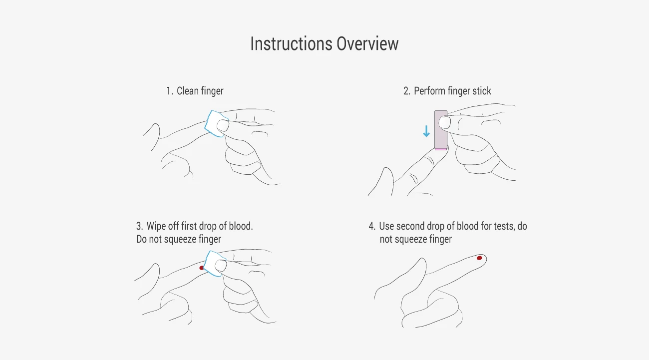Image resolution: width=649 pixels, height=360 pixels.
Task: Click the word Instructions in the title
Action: tap(291, 44)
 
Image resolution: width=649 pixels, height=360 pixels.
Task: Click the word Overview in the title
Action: tap(367, 44)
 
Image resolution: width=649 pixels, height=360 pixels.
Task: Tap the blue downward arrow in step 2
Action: tap(426, 131)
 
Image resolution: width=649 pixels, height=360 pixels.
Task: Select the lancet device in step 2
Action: tap(441, 130)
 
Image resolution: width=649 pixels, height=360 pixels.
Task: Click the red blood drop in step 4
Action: tap(479, 258)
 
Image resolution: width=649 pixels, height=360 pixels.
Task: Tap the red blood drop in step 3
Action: tap(201, 268)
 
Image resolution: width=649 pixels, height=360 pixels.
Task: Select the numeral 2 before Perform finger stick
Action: tap(406, 91)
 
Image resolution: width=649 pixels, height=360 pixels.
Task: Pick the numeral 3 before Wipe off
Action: tap(139, 226)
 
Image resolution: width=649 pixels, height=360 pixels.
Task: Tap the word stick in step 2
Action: tap(482, 91)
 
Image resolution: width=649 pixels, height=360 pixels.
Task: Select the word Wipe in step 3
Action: tap(157, 226)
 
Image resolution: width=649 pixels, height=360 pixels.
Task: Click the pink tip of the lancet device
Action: tap(441, 149)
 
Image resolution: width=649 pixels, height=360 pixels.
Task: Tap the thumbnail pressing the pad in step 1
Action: tap(223, 125)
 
